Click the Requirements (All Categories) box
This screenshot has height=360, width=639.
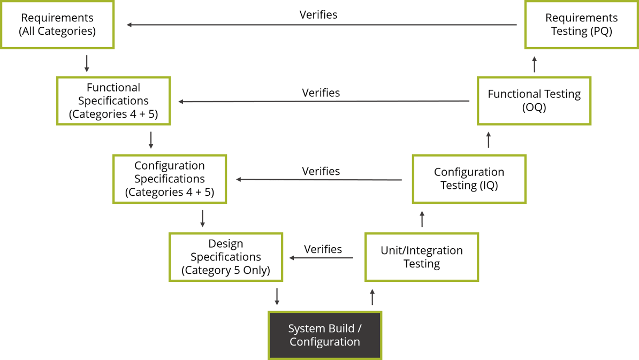57,25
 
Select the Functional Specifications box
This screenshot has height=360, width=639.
113,101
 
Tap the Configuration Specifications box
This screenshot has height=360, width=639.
170,179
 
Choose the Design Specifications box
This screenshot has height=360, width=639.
226,257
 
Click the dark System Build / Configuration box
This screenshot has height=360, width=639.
325,335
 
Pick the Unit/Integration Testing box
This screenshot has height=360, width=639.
422,257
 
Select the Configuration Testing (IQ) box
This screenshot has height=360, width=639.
469,179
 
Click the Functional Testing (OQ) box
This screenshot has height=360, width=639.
534,101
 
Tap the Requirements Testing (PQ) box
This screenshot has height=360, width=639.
581,25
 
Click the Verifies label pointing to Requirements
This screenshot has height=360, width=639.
318,15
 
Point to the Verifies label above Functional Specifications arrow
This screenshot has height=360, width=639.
321,93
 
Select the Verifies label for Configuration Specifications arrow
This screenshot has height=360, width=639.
321,172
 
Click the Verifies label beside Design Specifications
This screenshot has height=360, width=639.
323,249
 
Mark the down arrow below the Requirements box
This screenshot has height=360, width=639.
87,63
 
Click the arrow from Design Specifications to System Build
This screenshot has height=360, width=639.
277,296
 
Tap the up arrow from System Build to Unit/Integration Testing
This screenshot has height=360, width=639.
372,296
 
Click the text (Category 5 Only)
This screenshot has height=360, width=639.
226,271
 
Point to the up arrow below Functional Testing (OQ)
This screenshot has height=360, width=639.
488,140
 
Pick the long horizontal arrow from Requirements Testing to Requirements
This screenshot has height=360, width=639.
321,25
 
